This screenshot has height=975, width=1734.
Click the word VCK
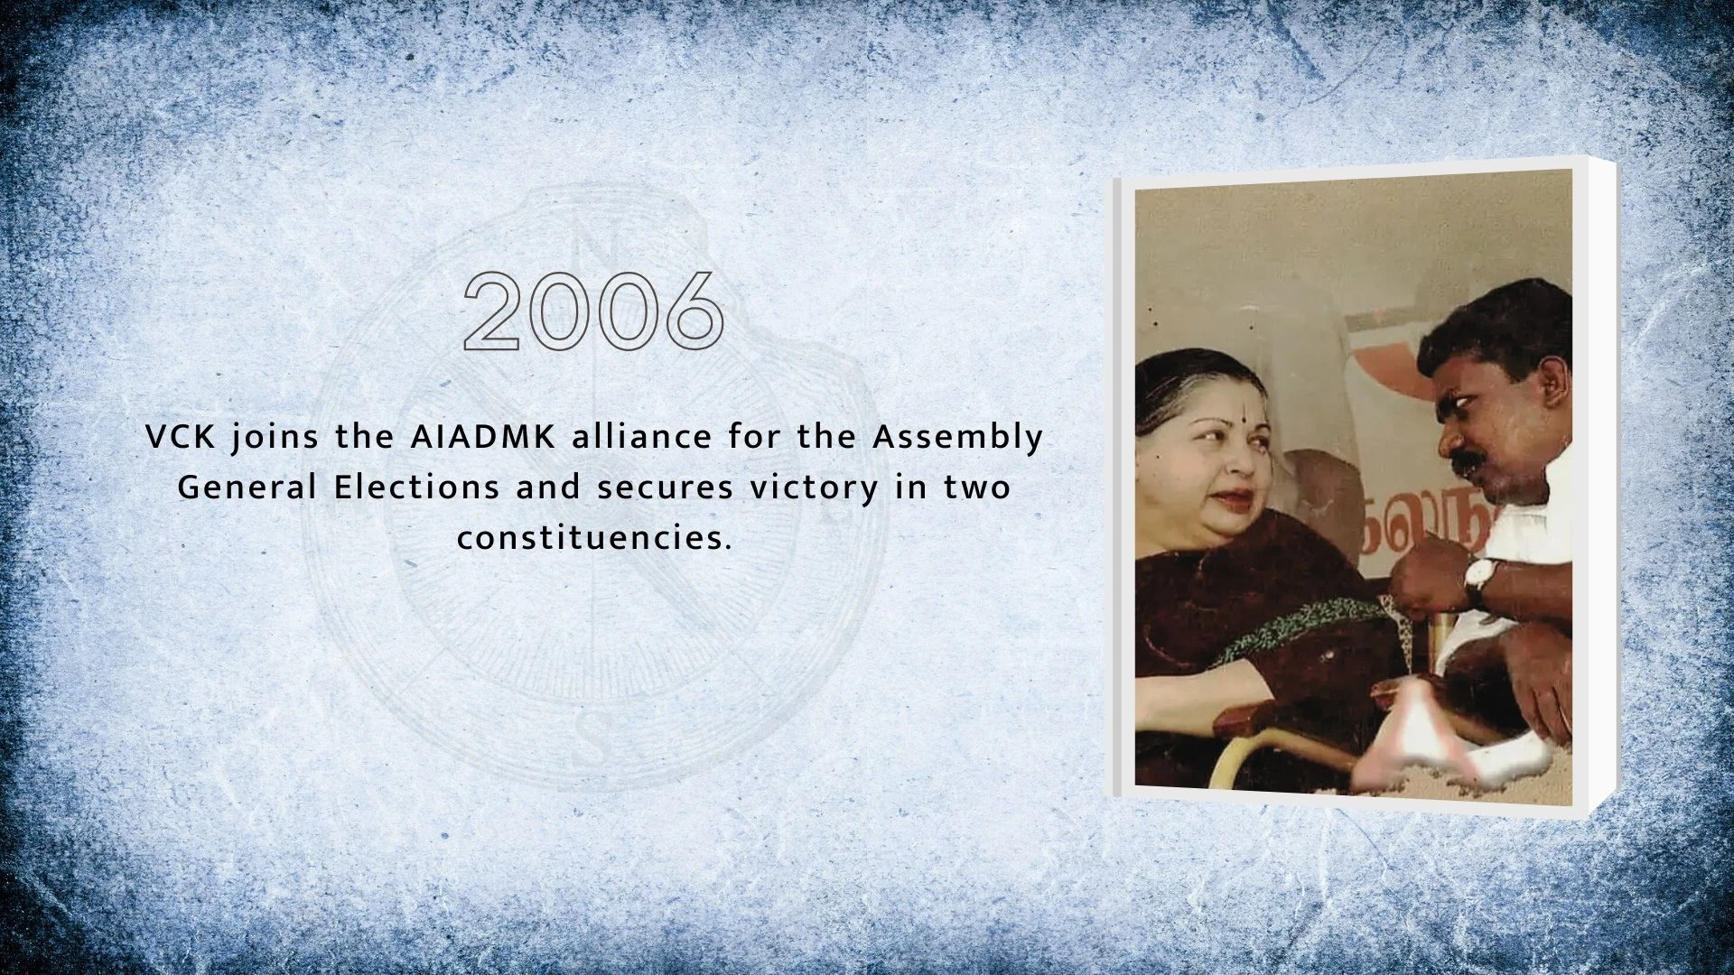(x=179, y=438)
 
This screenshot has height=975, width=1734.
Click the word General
(x=247, y=488)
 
